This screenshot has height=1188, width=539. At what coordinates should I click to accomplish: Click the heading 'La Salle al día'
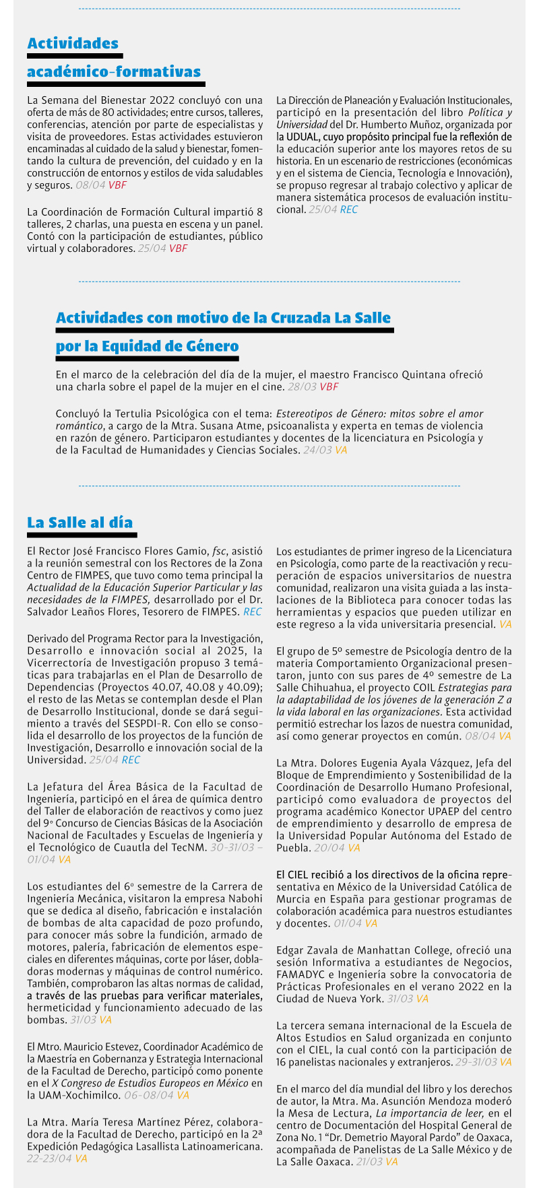(80, 523)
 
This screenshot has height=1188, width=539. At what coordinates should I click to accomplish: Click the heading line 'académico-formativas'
(114, 72)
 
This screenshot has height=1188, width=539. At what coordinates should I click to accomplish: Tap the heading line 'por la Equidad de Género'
(147, 346)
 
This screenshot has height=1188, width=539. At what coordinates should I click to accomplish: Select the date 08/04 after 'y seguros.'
(90, 185)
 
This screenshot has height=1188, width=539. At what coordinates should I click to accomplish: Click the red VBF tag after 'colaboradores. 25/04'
(178, 249)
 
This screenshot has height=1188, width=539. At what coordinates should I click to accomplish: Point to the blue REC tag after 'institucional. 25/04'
(349, 209)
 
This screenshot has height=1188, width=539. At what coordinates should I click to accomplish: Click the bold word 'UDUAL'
(302, 137)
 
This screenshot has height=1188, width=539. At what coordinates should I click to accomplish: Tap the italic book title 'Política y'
(490, 112)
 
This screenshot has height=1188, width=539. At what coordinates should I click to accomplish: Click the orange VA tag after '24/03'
(341, 450)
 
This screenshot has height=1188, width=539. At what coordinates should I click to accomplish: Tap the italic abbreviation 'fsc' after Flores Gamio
(219, 551)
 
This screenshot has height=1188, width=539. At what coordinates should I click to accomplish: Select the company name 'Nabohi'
(241, 898)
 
